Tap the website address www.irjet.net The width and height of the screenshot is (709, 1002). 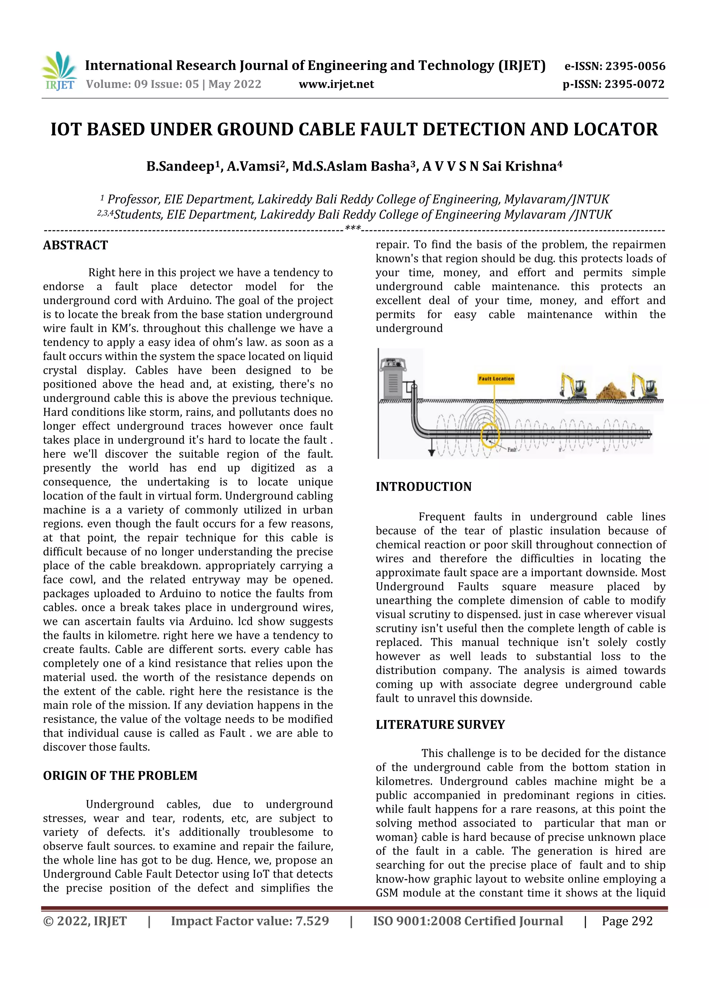click(x=336, y=84)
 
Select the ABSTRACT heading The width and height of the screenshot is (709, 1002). click(x=75, y=245)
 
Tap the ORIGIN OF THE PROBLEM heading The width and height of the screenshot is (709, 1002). click(x=120, y=775)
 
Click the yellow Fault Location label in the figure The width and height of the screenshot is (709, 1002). click(x=496, y=379)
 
